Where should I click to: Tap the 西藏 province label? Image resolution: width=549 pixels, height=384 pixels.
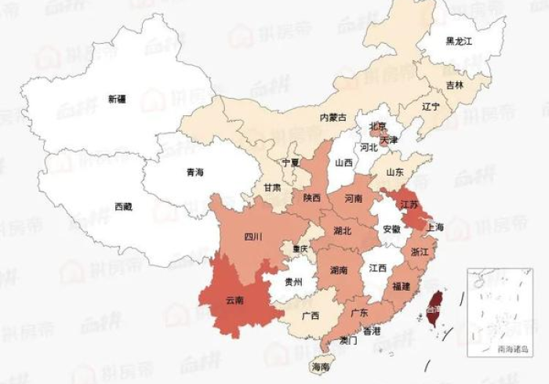point(123,207)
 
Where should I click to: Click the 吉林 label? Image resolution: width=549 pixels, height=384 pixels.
point(455,85)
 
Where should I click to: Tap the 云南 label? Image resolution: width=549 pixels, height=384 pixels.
point(234,299)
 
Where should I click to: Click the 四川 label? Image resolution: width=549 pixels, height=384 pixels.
point(253,235)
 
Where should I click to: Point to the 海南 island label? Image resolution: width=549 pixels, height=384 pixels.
point(321,367)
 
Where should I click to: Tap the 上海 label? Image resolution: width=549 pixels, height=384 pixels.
point(434,227)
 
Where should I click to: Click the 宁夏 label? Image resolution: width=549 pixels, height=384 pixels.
point(291,164)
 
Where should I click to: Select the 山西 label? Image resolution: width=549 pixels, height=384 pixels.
point(344,164)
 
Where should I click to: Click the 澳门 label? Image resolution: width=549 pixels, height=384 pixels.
point(348,341)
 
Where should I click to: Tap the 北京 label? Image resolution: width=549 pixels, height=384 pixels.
point(378,125)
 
